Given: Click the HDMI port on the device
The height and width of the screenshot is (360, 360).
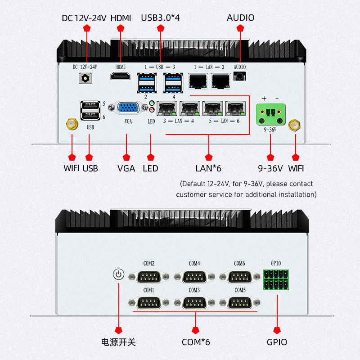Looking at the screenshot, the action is point(120,76).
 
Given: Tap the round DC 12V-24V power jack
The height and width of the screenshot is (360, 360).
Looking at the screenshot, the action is point(85,78).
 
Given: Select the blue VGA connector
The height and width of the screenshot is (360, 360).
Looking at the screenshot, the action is point(128,108).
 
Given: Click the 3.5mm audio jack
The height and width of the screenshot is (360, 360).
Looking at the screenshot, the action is point(239,76).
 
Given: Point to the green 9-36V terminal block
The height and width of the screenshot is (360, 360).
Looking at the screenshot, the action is point(271,114).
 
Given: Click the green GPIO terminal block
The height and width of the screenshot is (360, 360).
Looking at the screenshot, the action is point(276,279).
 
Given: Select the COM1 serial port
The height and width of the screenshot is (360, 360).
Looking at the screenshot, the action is point(149,302).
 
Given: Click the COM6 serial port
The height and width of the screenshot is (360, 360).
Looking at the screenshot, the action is point(240,277).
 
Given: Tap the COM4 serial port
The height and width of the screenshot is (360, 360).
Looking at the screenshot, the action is point(194,277).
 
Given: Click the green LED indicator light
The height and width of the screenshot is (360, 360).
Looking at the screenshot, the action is point(152,103).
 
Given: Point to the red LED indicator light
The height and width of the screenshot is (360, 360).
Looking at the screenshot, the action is point(152,110).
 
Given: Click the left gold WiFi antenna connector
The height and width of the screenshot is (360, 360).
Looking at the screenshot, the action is point(72,124).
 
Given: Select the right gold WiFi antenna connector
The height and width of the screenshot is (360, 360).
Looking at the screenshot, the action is point(294,126).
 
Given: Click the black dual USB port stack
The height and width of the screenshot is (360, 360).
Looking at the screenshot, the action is point(90,110).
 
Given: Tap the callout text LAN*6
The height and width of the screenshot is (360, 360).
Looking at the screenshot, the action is point(208,168).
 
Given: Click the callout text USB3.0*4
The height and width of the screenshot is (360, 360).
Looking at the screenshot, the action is point(160,18).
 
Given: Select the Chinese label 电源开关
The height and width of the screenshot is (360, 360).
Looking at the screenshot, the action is point(118,342).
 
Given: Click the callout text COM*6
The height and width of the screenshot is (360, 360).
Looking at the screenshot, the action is point(196,342).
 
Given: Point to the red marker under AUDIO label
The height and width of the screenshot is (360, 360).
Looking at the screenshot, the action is point(240,28).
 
